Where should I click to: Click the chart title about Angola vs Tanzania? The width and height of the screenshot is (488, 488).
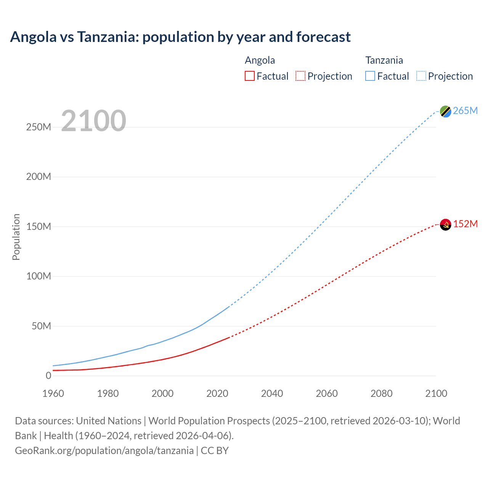(x=180, y=37)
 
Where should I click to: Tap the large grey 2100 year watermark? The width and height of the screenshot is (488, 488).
(x=93, y=121)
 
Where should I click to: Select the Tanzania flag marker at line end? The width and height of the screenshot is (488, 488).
(x=445, y=111)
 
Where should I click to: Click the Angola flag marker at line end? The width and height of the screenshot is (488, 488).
(x=445, y=225)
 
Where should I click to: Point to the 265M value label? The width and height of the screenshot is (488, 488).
(x=465, y=111)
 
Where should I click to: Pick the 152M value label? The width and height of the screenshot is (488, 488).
(x=465, y=224)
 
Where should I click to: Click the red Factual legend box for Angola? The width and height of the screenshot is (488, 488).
(x=250, y=76)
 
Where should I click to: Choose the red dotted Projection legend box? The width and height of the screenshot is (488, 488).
(x=300, y=76)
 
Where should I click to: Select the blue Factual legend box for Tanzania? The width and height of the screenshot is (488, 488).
(x=370, y=76)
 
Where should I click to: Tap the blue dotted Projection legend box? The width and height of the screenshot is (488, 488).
(x=421, y=76)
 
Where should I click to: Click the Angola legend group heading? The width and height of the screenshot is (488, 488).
(x=260, y=60)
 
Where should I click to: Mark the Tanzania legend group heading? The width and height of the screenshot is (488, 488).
(x=384, y=60)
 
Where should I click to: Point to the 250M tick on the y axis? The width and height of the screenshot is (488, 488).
(x=39, y=127)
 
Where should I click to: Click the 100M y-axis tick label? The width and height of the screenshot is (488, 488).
(x=39, y=276)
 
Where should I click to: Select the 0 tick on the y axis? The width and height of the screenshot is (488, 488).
(x=48, y=376)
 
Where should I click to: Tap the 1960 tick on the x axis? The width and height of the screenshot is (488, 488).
(x=53, y=393)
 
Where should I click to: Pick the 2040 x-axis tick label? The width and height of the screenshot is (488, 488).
(x=272, y=393)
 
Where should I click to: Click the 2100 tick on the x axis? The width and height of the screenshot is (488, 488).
(x=436, y=393)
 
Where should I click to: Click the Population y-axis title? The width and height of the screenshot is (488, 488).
(x=16, y=237)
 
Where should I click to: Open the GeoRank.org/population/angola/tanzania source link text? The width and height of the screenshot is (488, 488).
(x=104, y=451)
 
